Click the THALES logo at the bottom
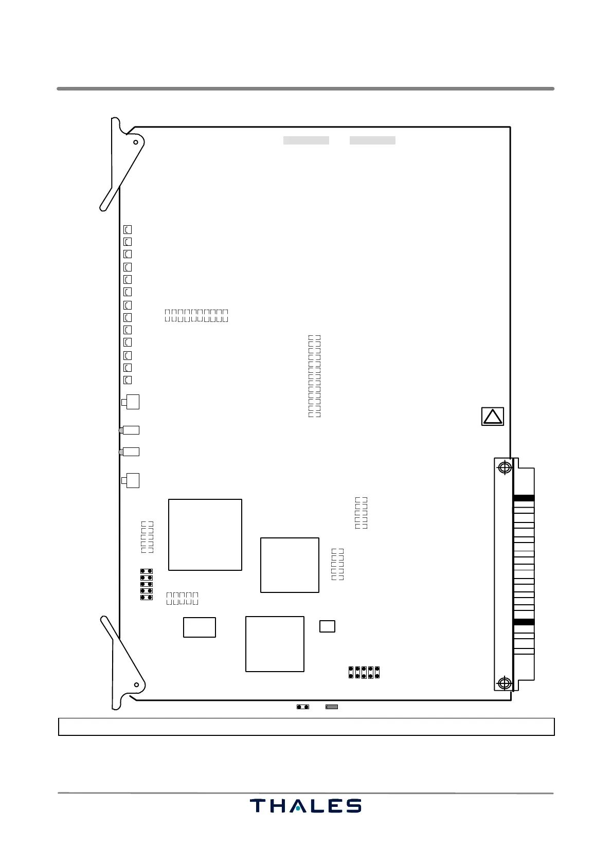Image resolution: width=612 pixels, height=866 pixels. point(305,806)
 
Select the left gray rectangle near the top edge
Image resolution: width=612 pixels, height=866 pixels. point(306,140)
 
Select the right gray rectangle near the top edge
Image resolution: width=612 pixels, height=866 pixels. point(372,140)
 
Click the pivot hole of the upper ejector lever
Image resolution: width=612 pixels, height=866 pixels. point(136,142)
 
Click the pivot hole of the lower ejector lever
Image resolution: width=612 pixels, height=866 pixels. point(136,684)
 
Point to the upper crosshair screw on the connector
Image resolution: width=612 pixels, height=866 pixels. point(505,467)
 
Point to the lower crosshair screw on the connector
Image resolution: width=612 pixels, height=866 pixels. point(505,683)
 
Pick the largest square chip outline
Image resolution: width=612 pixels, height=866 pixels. point(205,535)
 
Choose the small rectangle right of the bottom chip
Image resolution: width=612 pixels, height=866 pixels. point(327,626)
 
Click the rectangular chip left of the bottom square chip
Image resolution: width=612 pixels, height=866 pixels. point(200,627)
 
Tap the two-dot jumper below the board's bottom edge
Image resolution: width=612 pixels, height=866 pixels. point(303,707)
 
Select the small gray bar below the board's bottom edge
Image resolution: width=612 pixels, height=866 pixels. point(332,707)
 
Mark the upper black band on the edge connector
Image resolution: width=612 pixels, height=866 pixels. point(524,498)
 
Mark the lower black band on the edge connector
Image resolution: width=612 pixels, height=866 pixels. point(524,622)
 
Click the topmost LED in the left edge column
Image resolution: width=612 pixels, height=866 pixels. point(128,230)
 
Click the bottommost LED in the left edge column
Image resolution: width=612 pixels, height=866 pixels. point(128,380)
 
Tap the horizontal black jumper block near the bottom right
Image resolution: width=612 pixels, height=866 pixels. point(364,672)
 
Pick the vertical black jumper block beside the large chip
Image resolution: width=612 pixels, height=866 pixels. point(147,584)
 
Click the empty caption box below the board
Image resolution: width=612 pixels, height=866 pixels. point(306,727)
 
